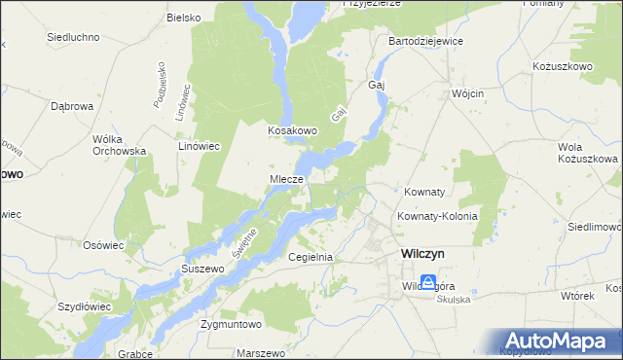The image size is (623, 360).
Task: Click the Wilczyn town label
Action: click(422, 253)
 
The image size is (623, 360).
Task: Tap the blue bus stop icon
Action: click(427, 283)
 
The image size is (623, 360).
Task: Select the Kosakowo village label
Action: click(294, 129)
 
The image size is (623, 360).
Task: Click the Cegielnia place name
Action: click(311, 257)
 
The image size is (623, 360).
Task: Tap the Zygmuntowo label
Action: click(232, 323)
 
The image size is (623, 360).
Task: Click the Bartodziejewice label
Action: click(425, 42)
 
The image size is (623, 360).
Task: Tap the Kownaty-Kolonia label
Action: click(436, 216)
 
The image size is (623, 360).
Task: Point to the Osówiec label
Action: click(103, 245)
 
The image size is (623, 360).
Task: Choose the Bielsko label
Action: click(183, 18)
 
